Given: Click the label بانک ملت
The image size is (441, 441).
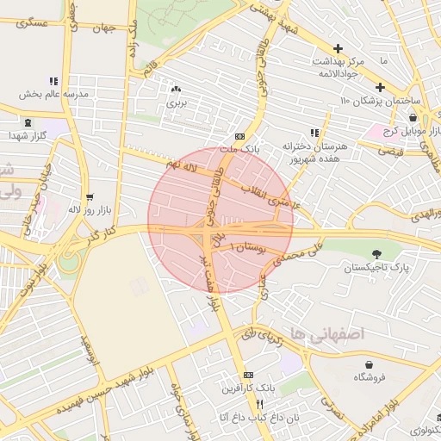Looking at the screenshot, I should pos(239,149).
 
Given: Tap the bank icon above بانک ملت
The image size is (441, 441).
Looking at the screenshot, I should pos(239,136).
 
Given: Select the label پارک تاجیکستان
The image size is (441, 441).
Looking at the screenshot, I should pos(376,269).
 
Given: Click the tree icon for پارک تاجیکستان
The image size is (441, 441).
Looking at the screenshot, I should pos(376,253).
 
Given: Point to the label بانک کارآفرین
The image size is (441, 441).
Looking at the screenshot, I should pos(249,389).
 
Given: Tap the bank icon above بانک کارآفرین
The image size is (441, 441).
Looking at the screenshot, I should pos(249,376).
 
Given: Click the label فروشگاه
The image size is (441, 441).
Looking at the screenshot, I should pos(370,377).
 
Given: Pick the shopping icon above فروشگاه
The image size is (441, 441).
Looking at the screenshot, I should pos(370,364).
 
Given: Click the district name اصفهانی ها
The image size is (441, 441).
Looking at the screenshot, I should pos(328,332).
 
